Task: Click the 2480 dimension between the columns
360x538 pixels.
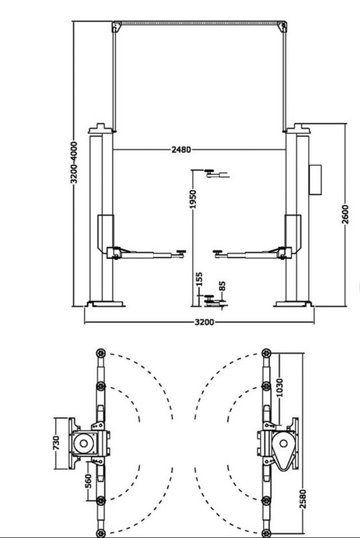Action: click(181, 149)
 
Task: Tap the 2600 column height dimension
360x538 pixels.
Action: click(345, 214)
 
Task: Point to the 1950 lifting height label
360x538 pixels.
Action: click(193, 200)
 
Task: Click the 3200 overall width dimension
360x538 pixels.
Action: click(204, 322)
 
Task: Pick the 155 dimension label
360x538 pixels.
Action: click(199, 279)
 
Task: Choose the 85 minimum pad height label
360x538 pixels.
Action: click(222, 286)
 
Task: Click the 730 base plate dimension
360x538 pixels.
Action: click(57, 443)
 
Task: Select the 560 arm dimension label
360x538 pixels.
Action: click(88, 481)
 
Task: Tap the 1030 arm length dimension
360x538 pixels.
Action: click(279, 388)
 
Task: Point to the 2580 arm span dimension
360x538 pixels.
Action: click(303, 499)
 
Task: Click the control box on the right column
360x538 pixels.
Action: click(315, 180)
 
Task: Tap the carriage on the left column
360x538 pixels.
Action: click(106, 234)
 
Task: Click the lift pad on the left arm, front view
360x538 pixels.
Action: click(180, 252)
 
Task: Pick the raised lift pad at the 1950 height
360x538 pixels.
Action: click(209, 171)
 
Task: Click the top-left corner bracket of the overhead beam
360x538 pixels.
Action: click(117, 27)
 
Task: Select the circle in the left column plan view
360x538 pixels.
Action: click(84, 444)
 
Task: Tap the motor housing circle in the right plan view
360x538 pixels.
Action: click(283, 444)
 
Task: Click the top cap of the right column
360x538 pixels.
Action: click(299, 129)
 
